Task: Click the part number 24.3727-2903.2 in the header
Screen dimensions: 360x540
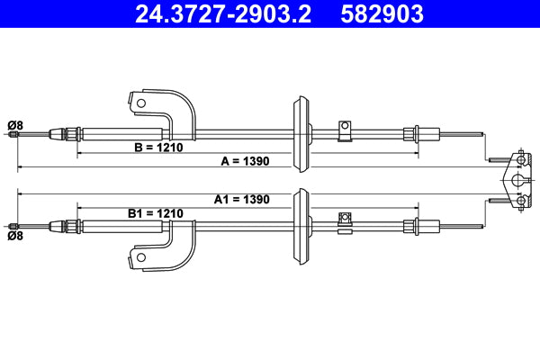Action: click(x=220, y=13)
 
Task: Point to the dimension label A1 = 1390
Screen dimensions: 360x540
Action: click(x=242, y=199)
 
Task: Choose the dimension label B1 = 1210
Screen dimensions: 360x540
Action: click(x=155, y=213)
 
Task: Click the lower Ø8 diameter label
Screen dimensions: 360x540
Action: click(x=14, y=237)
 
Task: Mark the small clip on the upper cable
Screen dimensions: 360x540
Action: click(x=343, y=130)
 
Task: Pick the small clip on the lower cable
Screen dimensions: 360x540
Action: click(x=343, y=219)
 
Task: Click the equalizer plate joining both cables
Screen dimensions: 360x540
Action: click(x=517, y=180)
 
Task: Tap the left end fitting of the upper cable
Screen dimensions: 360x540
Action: click(x=13, y=135)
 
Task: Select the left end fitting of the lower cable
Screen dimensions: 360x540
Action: click(x=13, y=225)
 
